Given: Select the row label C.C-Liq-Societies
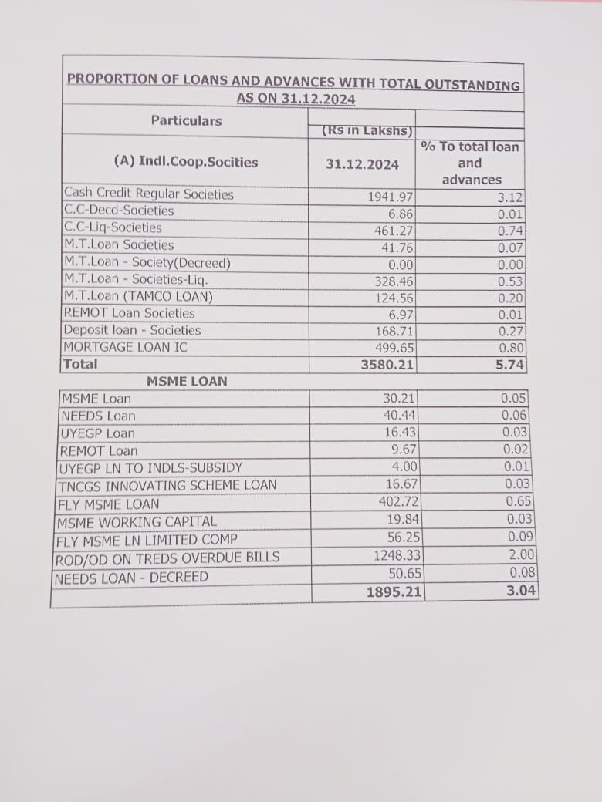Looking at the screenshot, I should pyautogui.click(x=113, y=227).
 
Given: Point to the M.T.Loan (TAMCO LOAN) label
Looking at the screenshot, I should pyautogui.click(x=139, y=296).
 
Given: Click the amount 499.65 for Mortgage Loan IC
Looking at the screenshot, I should pyautogui.click(x=394, y=348).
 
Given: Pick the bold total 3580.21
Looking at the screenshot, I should pyautogui.click(x=388, y=365).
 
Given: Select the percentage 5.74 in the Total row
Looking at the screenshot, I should pyautogui.click(x=509, y=365).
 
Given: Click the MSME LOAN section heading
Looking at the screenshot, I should pyautogui.click(x=187, y=381).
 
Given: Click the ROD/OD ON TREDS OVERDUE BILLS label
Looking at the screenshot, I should pyautogui.click(x=168, y=558).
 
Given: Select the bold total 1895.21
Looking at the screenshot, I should pyautogui.click(x=394, y=592).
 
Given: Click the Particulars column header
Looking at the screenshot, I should pyautogui.click(x=186, y=120).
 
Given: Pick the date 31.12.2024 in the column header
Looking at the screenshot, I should pyautogui.click(x=362, y=164).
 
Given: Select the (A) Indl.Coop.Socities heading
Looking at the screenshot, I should pyautogui.click(x=186, y=162).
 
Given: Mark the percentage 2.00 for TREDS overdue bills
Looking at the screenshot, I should pyautogui.click(x=522, y=555).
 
